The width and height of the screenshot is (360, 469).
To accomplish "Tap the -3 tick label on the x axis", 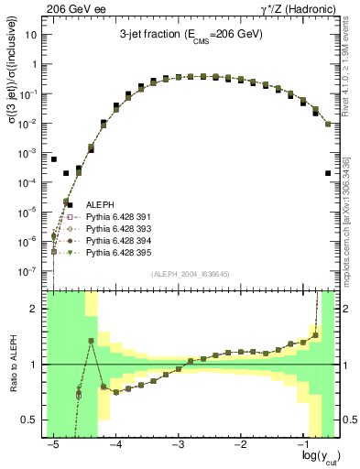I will coord(177,442).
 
